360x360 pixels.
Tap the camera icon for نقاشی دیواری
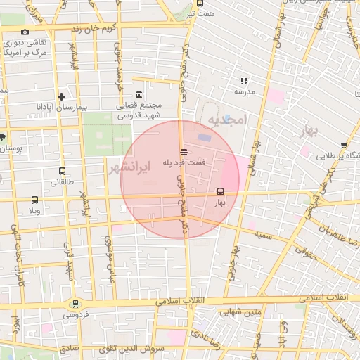(25, 32)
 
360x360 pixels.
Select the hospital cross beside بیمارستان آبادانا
(62, 96)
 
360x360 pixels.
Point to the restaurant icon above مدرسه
(244, 82)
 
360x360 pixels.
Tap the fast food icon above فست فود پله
(184, 151)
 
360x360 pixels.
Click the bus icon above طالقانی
(63, 171)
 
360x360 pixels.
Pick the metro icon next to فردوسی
(75, 304)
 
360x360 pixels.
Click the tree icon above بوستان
(2, 137)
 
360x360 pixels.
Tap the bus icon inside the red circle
(221, 191)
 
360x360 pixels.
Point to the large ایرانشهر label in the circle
(131, 167)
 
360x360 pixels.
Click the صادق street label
(68, 348)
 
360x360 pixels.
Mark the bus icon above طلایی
(344, 146)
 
